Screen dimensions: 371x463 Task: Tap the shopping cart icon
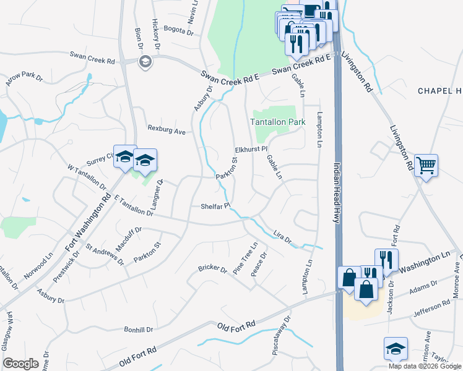426,166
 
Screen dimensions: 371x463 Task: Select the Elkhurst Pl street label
251,150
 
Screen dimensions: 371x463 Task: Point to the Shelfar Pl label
215,206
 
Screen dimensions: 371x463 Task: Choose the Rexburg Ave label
167,131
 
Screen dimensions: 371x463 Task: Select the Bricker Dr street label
214,268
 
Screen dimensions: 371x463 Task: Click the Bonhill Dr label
137,330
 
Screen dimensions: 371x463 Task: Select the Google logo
20,363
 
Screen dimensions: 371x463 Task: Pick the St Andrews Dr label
105,255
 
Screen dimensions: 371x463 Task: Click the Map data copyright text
425,365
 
